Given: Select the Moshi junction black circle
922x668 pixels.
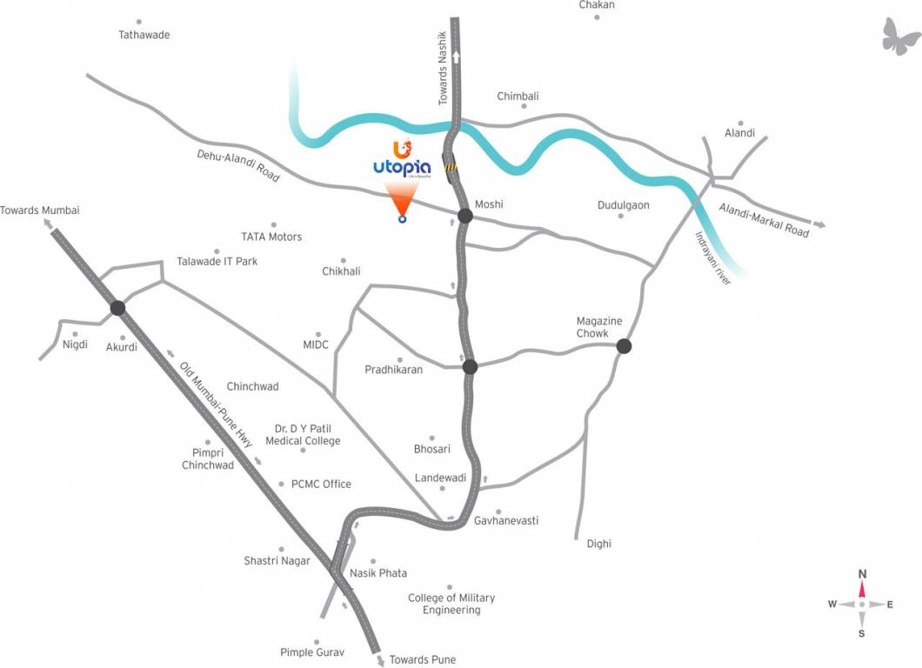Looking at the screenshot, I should point(465,216).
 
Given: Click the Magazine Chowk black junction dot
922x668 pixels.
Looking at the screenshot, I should point(624,346).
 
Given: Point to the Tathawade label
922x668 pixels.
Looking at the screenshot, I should point(144,35).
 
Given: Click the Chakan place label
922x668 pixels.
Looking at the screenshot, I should point(597,5).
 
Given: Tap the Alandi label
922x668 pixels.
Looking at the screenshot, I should point(739,133).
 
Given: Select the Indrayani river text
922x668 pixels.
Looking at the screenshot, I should point(712,257).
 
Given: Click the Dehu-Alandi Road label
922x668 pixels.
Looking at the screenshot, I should point(237,163).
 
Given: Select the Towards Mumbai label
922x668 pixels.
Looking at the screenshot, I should point(40,210).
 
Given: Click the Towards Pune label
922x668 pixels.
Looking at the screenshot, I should point(422,659).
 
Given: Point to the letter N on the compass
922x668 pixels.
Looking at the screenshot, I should point(862,574).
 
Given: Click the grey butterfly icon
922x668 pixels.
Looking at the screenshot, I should point(901,36).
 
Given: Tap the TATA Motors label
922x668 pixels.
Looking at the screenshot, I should point(271,237).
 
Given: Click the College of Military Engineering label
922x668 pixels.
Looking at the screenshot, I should point(451,604).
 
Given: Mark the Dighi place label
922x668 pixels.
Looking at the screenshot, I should point(598,544).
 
